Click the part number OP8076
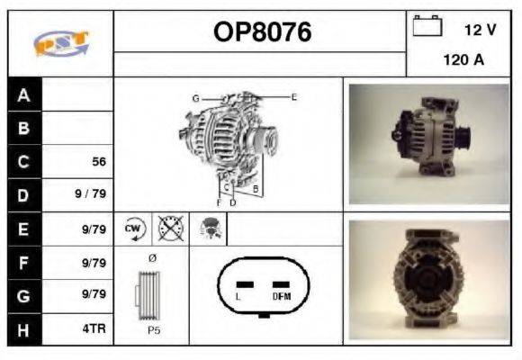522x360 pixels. [262, 32]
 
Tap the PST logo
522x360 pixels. [60, 42]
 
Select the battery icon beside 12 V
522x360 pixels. [427, 27]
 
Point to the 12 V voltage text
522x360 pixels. [480, 29]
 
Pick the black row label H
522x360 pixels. [23, 329]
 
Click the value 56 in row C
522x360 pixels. [99, 162]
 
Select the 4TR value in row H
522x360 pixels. [94, 329]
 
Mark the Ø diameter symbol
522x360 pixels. [151, 259]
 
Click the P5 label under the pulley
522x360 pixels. [153, 329]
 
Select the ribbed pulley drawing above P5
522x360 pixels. [151, 295]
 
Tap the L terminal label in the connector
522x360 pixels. [238, 296]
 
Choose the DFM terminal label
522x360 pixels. [281, 296]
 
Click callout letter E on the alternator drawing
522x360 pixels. [293, 96]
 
